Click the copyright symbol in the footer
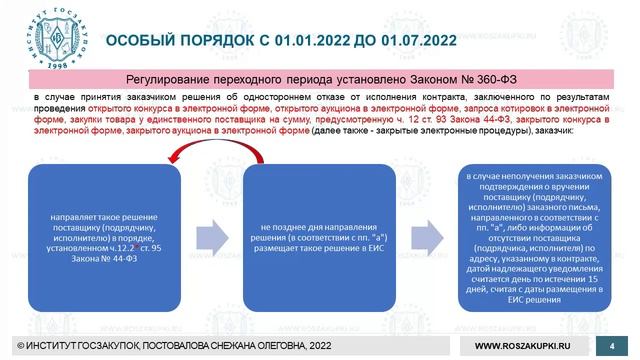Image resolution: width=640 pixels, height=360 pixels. click(8, 345)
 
